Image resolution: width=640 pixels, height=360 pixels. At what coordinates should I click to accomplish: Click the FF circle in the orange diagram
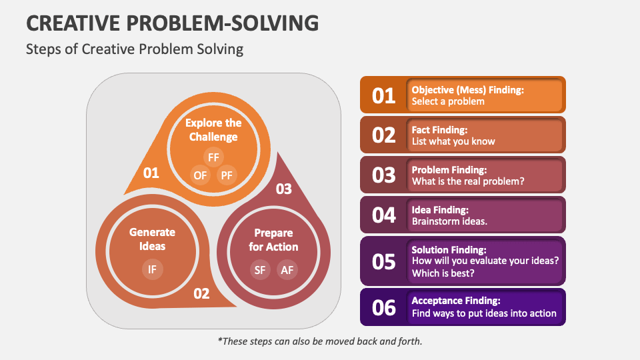(x=213, y=158)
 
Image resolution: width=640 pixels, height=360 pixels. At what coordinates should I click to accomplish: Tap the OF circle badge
(x=200, y=175)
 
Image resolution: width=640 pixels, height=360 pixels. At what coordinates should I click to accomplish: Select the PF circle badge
(x=227, y=175)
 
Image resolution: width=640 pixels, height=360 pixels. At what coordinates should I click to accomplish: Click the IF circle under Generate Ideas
(x=152, y=269)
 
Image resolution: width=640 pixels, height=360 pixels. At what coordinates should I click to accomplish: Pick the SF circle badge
(x=260, y=269)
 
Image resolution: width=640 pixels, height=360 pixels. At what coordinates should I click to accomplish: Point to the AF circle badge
(x=287, y=269)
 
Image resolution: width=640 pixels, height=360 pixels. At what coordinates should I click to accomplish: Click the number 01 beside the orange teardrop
(x=151, y=173)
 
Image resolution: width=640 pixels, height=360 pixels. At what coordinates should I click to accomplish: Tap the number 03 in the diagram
(x=284, y=189)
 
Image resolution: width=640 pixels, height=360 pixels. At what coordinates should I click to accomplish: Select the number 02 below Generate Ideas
(x=201, y=293)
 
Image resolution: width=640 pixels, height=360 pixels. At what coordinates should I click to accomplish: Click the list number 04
(x=384, y=215)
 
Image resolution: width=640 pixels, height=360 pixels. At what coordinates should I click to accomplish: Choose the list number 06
(x=384, y=307)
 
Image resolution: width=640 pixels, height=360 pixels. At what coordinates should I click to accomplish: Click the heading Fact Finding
(x=439, y=129)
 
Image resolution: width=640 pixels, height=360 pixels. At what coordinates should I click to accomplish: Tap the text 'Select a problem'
(x=448, y=101)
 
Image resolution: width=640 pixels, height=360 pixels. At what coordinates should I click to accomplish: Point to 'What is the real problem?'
(x=467, y=181)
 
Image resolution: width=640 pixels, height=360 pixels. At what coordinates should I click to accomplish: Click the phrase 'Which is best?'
(x=443, y=272)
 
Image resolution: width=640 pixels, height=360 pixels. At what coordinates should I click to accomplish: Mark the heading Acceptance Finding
(x=456, y=301)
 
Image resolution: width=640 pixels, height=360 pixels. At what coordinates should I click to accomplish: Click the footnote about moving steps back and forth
(x=320, y=341)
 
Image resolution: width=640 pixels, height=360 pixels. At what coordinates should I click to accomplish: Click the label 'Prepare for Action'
(x=273, y=240)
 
